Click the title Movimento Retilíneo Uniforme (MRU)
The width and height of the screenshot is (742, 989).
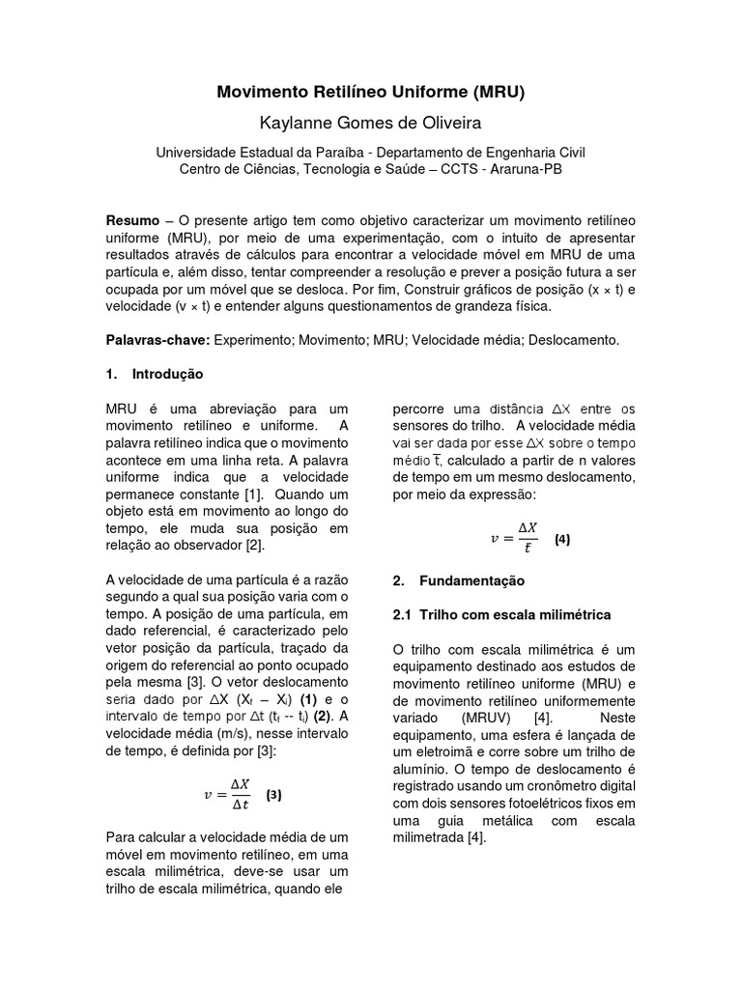tap(370, 93)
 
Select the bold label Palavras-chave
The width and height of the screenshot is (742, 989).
tap(156, 341)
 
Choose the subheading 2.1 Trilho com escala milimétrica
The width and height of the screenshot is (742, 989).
tap(501, 614)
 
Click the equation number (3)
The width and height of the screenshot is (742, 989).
tap(273, 796)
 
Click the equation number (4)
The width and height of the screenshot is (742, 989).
tap(562, 540)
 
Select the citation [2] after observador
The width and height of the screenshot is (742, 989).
tap(253, 546)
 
